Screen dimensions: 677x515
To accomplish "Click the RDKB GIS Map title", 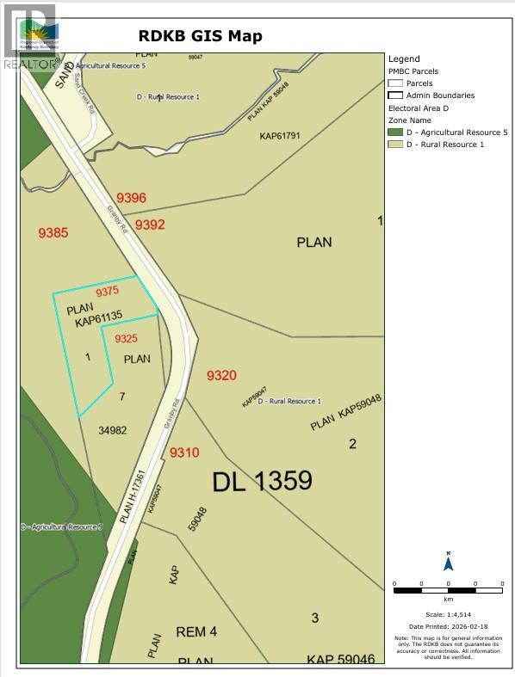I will tap(201, 36).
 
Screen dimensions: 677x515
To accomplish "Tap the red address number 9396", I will tap(132, 198).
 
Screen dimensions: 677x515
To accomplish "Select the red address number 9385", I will tap(53, 232).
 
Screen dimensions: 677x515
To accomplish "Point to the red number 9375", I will tap(108, 292).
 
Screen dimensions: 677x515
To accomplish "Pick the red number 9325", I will tap(127, 338).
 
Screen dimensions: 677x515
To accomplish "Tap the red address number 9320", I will tap(221, 375).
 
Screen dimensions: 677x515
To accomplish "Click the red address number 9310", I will tap(184, 452).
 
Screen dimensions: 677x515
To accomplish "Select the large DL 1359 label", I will tap(262, 481).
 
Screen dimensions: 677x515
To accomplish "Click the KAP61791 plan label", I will tap(279, 136).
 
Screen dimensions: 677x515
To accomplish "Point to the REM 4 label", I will tap(196, 631).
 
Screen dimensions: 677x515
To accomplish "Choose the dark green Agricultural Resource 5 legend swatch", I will tap(395, 132).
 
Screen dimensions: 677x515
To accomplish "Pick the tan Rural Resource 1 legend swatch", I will tap(395, 145).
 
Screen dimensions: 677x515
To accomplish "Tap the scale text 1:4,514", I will tap(448, 614).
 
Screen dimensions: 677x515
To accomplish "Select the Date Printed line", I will tap(448, 626).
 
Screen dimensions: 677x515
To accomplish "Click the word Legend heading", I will tap(404, 59).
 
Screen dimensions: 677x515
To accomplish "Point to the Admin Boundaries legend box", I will tap(395, 95).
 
